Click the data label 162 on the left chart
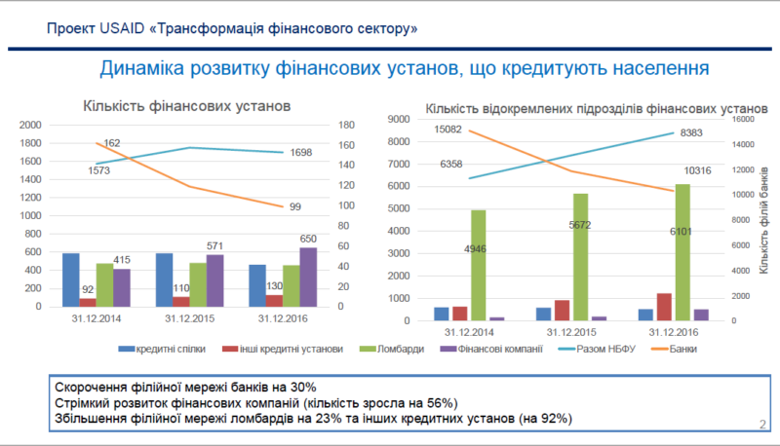point(111,144)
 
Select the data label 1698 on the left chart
point(301,153)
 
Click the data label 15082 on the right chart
point(451,130)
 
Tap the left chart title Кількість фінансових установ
point(186,105)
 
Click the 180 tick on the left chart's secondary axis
point(347,125)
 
